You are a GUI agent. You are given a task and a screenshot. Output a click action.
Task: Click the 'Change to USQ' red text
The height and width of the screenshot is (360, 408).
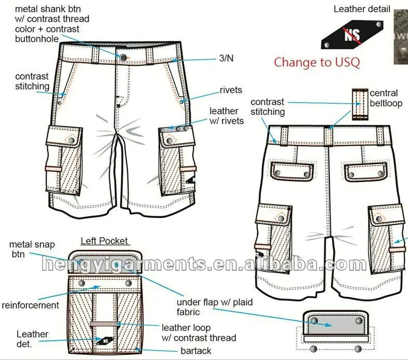pos(317,62)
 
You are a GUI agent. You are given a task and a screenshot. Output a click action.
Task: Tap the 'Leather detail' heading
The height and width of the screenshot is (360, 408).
pos(361,9)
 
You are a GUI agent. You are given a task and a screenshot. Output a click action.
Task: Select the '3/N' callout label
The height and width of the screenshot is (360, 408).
pos(227,59)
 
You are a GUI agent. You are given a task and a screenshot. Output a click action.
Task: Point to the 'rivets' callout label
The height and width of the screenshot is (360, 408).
pos(231,90)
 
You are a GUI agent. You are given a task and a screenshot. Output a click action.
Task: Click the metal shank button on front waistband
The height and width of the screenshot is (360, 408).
pos(123,56)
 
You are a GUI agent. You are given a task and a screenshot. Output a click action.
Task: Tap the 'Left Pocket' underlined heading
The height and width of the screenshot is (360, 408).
pos(104,241)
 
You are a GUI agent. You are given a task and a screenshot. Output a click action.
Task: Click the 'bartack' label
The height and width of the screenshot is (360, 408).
pos(196,351)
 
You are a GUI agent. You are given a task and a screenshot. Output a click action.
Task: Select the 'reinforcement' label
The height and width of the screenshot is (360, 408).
pos(31,305)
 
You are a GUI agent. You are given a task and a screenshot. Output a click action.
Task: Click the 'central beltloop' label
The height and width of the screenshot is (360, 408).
pos(384,98)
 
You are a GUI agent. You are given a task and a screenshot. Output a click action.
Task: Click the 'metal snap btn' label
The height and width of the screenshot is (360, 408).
pos(32,249)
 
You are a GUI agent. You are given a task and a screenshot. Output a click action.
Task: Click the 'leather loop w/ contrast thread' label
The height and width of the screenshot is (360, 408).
pos(199,333)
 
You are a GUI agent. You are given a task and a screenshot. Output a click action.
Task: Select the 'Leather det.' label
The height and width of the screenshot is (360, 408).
pos(32,339)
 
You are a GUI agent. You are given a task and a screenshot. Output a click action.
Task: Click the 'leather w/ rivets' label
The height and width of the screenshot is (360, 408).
pos(223,116)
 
